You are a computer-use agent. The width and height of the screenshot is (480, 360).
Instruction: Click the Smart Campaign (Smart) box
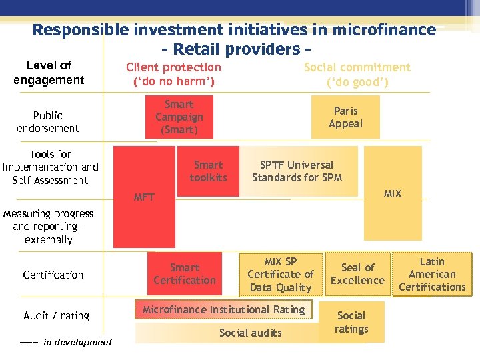[x=179, y=117]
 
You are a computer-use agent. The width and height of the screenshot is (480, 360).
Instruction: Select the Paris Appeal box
[x=345, y=117]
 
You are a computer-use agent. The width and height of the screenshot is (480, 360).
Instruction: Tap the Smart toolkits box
[x=208, y=171]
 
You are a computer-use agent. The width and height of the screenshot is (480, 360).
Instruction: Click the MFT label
[x=144, y=197]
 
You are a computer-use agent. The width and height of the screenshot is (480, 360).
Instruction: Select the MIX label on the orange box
[x=393, y=194]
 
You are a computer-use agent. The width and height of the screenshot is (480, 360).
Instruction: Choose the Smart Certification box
[x=185, y=274]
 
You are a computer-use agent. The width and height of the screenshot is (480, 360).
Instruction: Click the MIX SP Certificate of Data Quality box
[x=281, y=274]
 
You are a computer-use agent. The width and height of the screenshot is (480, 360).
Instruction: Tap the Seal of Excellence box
[x=357, y=274]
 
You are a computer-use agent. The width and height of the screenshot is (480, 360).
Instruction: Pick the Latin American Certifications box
[x=432, y=274]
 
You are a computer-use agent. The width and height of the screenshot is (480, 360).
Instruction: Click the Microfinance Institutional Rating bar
[x=223, y=310]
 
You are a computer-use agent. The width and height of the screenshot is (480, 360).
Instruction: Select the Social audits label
[x=251, y=333]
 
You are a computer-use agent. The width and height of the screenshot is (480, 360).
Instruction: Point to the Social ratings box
[x=351, y=322]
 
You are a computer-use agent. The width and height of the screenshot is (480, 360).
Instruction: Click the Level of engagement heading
[x=49, y=73]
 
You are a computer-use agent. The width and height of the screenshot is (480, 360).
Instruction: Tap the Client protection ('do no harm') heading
[x=173, y=75]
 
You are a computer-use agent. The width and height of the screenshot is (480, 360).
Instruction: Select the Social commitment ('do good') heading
[x=357, y=75]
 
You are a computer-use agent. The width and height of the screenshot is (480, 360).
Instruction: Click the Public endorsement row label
[x=48, y=122]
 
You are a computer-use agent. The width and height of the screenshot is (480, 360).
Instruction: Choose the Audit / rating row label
[x=56, y=315]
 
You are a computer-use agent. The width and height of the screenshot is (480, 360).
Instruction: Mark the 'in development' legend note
[x=66, y=342]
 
